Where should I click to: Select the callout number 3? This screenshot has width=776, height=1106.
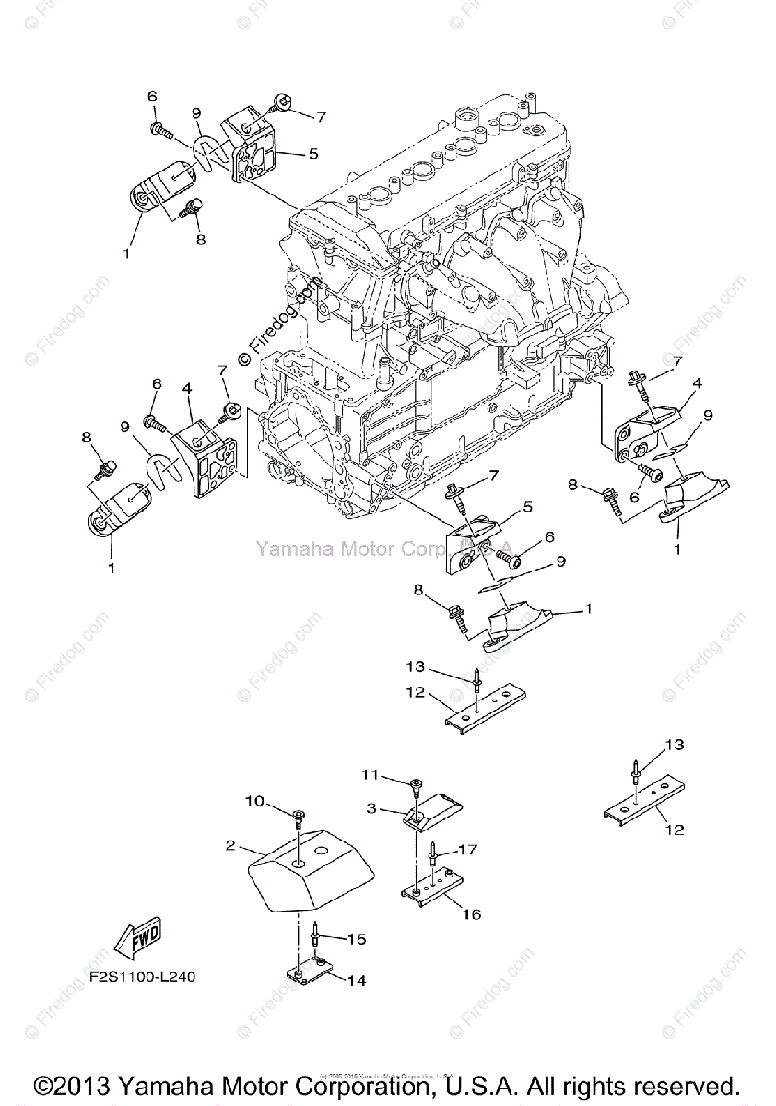pyautogui.click(x=371, y=808)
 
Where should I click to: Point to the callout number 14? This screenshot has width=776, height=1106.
pyautogui.click(x=356, y=982)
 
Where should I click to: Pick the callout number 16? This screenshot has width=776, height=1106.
pyautogui.click(x=471, y=915)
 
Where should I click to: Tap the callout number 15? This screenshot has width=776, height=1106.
pyautogui.click(x=356, y=939)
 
